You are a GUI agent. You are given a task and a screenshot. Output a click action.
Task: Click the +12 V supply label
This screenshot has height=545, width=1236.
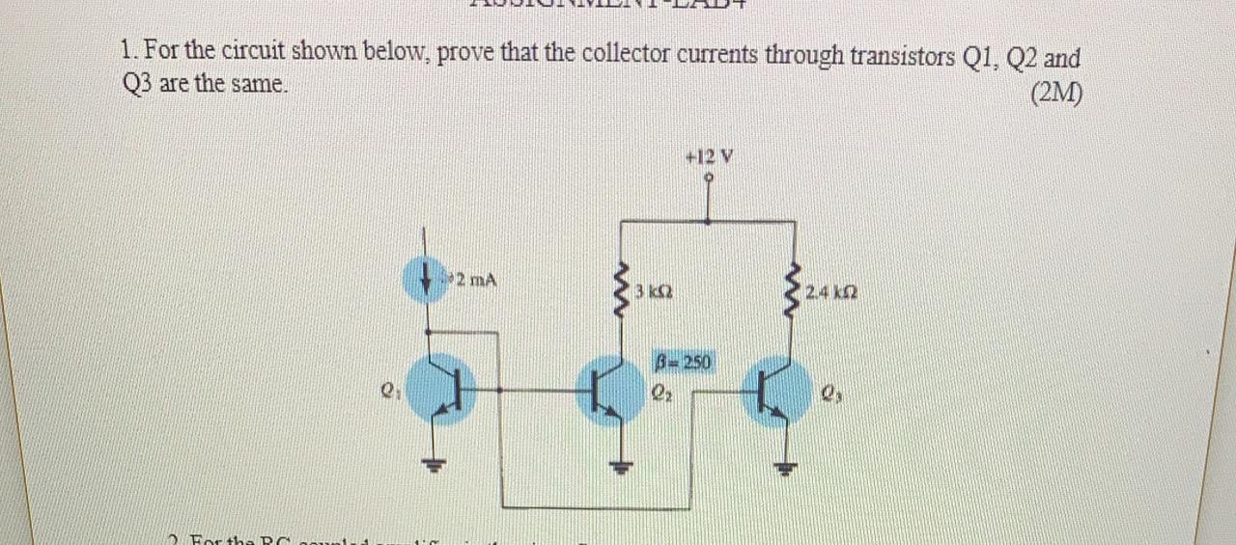[x=709, y=156]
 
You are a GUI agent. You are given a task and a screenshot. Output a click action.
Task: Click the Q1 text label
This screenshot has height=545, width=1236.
[x=387, y=392]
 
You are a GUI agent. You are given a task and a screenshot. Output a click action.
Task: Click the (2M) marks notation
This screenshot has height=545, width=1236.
[x=1056, y=94]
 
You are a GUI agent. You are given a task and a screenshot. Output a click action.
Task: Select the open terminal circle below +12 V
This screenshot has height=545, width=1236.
[x=710, y=177]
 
